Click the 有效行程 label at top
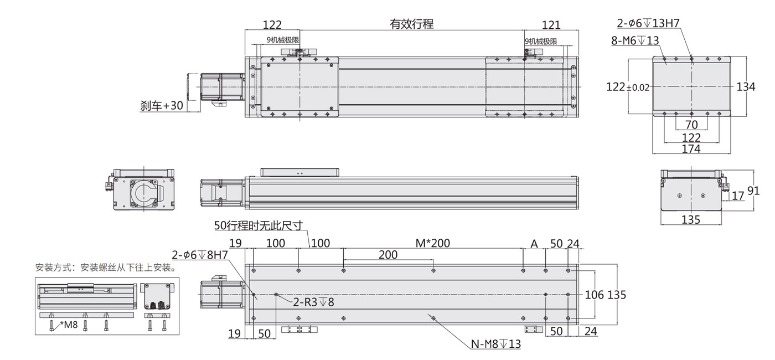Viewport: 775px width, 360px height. click(x=411, y=24)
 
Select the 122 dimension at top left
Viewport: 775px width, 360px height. click(x=272, y=25)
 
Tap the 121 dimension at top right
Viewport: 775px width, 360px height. click(x=551, y=25)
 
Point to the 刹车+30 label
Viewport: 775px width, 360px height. click(x=161, y=105)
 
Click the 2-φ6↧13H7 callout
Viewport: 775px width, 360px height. click(x=648, y=23)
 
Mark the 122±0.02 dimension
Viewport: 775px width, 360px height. click(x=628, y=86)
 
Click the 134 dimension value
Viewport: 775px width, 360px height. click(x=746, y=86)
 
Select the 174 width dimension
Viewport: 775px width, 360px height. click(x=691, y=149)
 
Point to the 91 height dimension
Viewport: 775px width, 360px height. click(x=753, y=191)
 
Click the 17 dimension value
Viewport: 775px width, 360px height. click(x=738, y=196)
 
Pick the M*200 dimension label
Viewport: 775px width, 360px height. click(x=433, y=243)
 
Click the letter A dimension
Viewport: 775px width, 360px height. click(x=534, y=244)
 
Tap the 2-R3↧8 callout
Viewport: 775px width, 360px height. click(x=313, y=302)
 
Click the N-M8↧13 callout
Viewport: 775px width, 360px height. click(x=495, y=344)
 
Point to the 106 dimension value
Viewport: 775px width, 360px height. click(x=595, y=295)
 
